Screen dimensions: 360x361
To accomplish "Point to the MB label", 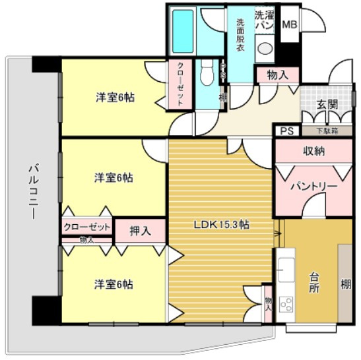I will [x=289, y=24].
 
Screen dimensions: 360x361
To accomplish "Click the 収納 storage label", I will [x=313, y=151].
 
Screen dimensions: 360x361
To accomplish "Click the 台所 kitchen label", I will [x=315, y=282].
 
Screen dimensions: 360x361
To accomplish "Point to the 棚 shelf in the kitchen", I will [x=346, y=284].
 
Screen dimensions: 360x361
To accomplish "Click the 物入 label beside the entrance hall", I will [x=277, y=75].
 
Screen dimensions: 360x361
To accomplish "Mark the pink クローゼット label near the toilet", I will [x=180, y=84].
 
